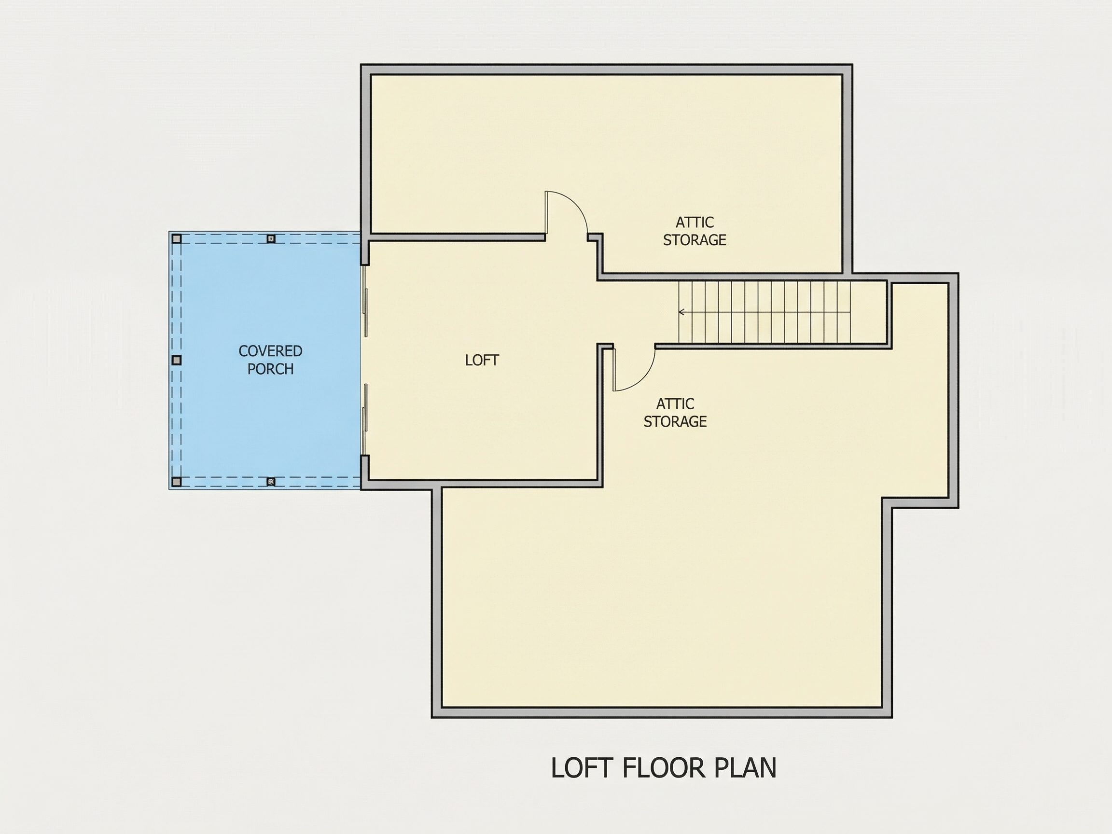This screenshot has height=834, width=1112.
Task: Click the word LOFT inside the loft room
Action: pos(482,360)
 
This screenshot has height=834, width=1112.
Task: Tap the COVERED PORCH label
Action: pos(270,360)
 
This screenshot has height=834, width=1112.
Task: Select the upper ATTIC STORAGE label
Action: pos(695,231)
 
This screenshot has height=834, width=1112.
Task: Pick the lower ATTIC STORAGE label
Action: pos(675,413)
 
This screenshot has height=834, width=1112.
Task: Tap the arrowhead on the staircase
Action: pos(681,312)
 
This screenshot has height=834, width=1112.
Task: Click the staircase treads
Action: pos(764,312)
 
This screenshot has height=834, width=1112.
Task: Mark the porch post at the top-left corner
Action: pos(177,239)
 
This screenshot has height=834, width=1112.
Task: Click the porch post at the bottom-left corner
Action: pos(177,482)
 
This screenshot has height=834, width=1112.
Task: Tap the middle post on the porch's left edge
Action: pos(177,361)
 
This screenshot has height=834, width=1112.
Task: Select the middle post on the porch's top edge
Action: pos(271,239)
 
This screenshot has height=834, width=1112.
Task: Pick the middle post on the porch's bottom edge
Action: pos(271,482)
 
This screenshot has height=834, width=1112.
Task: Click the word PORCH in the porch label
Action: pos(270,369)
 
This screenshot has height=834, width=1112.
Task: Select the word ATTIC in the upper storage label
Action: pos(695,222)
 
